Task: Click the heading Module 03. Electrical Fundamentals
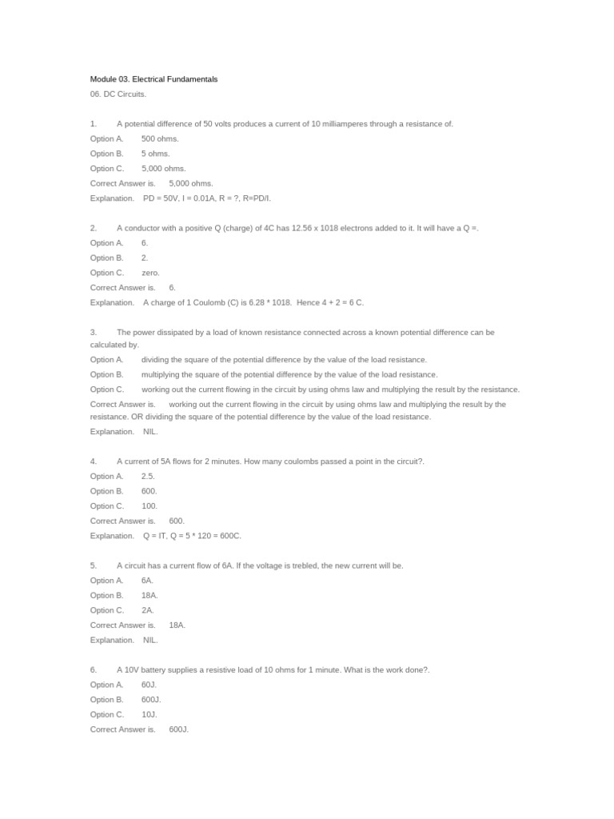153,79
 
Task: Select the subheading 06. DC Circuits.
118,94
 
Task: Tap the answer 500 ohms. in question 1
160,138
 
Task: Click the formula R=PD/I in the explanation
256,198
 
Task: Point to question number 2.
94,228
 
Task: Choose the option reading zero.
150,273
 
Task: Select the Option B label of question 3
107,374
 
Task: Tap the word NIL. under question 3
150,432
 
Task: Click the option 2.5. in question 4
148,476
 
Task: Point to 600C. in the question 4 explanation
230,536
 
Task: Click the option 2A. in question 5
148,610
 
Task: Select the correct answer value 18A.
177,625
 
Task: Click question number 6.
94,669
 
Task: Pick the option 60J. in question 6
149,685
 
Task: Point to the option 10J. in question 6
149,714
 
